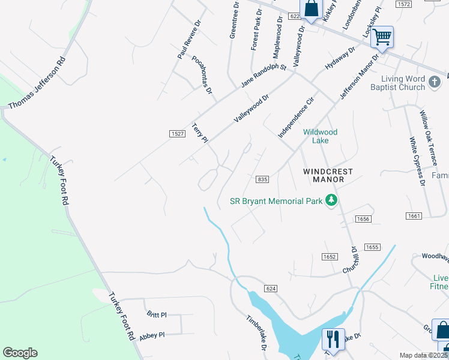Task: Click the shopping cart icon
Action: click(382, 37)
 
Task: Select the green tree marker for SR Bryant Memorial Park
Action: click(331, 200)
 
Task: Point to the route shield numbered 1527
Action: click(176, 134)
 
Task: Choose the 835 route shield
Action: click(262, 179)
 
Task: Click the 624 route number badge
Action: click(271, 289)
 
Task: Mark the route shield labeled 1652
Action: click(329, 256)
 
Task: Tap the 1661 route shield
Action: click(414, 215)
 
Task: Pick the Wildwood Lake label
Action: click(320, 136)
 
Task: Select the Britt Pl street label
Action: click(156, 314)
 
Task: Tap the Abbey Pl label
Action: click(152, 336)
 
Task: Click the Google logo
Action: click(20, 353)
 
